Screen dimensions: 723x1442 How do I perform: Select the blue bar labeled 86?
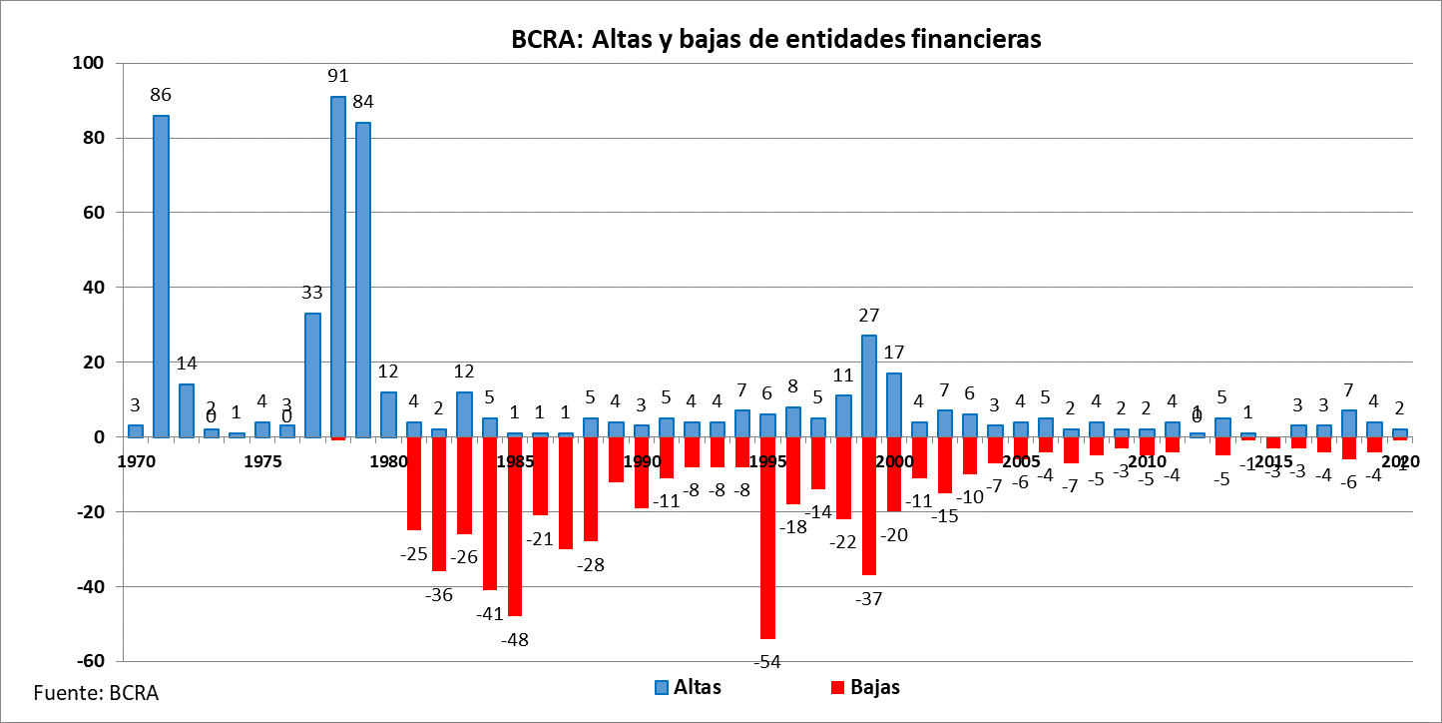(x=161, y=276)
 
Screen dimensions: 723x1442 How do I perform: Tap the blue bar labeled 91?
(x=338, y=267)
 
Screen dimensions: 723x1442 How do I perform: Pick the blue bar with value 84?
(x=363, y=280)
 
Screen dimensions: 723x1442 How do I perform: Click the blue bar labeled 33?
(x=312, y=374)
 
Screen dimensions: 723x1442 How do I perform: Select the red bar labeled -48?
(x=515, y=526)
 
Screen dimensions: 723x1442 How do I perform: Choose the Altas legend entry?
(x=688, y=687)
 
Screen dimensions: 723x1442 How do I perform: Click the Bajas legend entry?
(x=865, y=687)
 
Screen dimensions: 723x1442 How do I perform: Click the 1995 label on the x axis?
(x=767, y=461)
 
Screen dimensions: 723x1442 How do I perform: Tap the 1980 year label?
(x=388, y=461)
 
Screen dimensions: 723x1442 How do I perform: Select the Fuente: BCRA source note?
(x=96, y=692)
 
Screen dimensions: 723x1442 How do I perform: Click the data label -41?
(x=489, y=613)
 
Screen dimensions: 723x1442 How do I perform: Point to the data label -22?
(x=843, y=542)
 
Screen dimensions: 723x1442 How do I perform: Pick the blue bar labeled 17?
(x=894, y=404)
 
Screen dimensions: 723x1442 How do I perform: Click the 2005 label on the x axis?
(x=1021, y=461)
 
